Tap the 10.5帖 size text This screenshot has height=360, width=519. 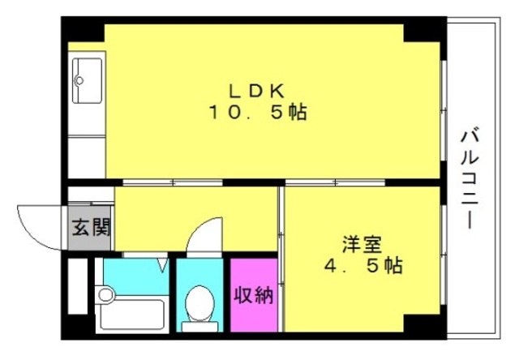click(x=257, y=112)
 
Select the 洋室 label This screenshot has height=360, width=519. click(x=362, y=244)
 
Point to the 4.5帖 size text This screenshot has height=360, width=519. click(x=363, y=265)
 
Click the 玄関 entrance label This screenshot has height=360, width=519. click(x=91, y=227)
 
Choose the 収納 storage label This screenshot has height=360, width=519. click(x=254, y=295)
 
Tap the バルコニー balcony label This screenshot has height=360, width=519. click(x=470, y=178)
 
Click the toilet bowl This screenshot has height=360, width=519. click(x=199, y=302)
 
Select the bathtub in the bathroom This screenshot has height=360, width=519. click(x=132, y=315)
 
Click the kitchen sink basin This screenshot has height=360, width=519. click(x=87, y=81)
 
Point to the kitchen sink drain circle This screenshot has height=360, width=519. click(x=79, y=80)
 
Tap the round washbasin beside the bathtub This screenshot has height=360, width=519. click(x=105, y=294)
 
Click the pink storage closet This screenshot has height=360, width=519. click(x=254, y=295)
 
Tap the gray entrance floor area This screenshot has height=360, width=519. click(x=89, y=228)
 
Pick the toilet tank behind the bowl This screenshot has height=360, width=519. click(x=200, y=326)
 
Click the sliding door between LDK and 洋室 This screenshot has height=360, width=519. click(x=335, y=182)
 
